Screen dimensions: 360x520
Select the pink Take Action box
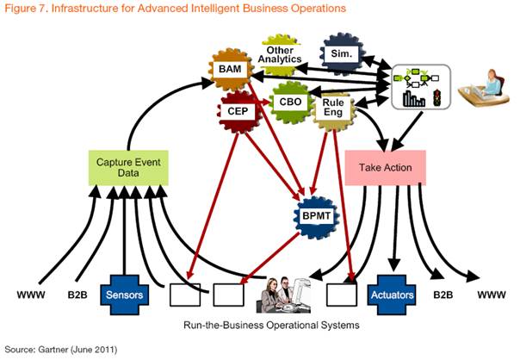click(x=385, y=166)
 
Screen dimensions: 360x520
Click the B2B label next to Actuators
click(x=443, y=295)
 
